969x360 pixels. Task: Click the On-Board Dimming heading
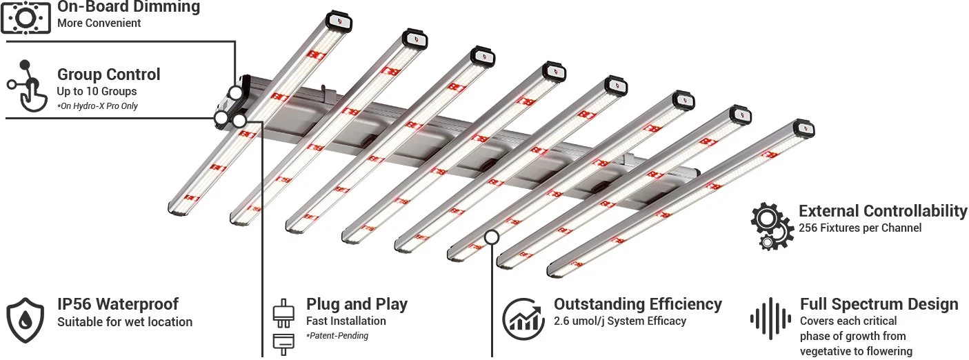pos(128,8)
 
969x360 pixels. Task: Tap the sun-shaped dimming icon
pos(26,17)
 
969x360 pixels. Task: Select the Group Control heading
pos(108,74)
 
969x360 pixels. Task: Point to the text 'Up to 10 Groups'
pos(97,91)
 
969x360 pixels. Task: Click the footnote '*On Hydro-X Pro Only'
pos(97,106)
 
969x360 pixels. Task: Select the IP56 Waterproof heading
pos(117,304)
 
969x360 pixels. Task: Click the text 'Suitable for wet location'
pos(125,322)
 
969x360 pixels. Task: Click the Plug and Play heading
pos(357,304)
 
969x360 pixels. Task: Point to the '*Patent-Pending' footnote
pos(337,336)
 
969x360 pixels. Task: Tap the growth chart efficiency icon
pos(523,316)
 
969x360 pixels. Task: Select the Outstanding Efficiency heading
pos(638,304)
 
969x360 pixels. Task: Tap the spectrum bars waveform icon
pos(770,319)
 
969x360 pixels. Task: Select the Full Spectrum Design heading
pos(879,304)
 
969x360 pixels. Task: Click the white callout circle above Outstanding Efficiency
pos(492,237)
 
